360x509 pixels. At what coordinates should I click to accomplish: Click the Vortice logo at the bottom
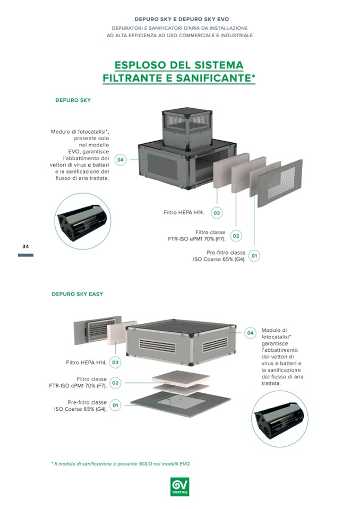tap(179, 486)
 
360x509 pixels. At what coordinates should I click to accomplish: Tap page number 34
tap(25, 247)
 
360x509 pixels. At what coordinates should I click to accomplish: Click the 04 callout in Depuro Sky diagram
tap(121, 160)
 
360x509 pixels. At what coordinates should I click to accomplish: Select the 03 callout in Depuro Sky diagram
tap(216, 213)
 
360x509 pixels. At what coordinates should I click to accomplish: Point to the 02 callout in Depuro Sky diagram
tap(236, 236)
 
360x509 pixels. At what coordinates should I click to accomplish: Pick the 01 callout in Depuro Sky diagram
tap(254, 256)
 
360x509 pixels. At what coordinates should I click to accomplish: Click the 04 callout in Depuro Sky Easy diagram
tap(251, 333)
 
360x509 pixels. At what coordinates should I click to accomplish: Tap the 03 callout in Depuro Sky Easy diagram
tap(115, 363)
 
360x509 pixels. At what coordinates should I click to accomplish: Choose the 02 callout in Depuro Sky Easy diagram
tap(115, 383)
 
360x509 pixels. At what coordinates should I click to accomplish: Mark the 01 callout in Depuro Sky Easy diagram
tap(115, 406)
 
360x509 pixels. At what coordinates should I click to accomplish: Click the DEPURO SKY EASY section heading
tap(77, 294)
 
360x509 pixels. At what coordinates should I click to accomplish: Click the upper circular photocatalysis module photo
tap(82, 221)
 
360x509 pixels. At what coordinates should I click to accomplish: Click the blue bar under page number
tap(25, 255)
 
